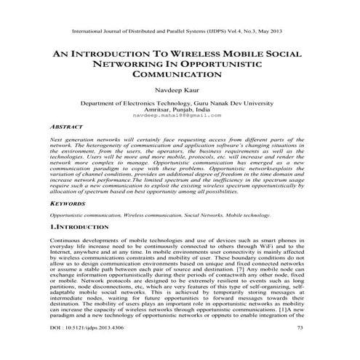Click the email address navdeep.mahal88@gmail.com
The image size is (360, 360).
180,116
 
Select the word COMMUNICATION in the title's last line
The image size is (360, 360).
180,76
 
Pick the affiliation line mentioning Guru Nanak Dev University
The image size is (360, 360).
180,104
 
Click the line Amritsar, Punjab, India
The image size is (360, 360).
180,111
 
